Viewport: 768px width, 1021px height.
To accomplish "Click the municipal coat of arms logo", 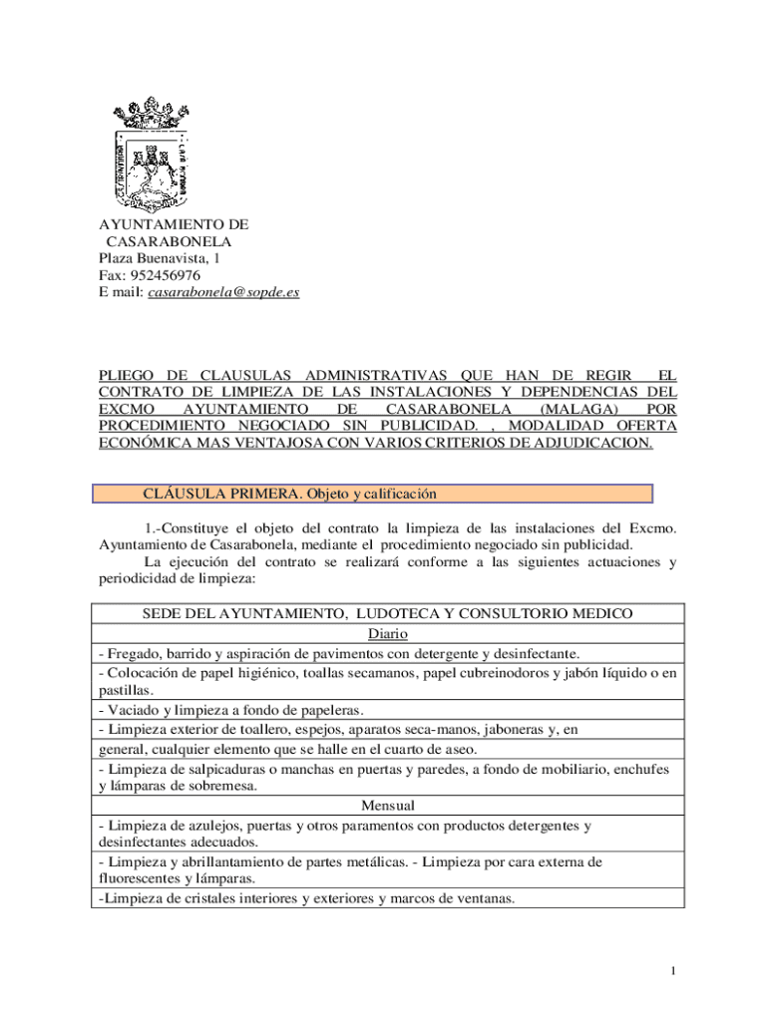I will (152, 154).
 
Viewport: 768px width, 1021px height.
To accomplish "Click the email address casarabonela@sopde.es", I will (223, 293).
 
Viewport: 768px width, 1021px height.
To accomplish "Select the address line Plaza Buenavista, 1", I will (160, 258).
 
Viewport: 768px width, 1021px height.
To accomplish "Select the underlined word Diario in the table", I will (388, 634).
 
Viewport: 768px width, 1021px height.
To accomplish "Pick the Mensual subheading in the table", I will (388, 806).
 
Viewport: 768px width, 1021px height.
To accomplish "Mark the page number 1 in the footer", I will (674, 971).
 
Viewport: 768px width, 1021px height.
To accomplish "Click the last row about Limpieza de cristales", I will (307, 898).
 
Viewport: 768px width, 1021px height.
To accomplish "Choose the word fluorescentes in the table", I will (138, 878).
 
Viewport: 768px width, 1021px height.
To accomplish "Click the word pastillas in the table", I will (125, 690).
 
